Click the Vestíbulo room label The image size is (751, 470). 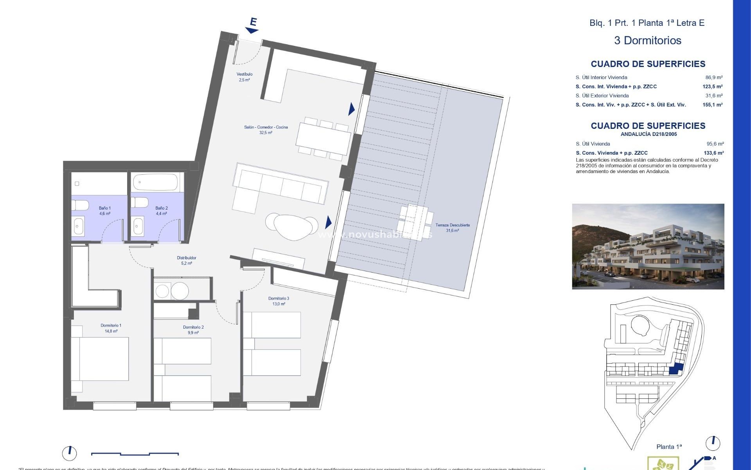(244, 77)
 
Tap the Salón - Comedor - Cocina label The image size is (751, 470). (266, 130)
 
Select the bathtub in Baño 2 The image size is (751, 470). (155, 183)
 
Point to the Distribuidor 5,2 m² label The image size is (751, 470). (187, 260)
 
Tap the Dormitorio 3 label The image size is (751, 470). (278, 301)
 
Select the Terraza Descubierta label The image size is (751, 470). (453, 228)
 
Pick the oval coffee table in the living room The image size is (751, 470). (295, 227)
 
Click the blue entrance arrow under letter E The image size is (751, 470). (252, 30)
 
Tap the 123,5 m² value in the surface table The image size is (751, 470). (712, 87)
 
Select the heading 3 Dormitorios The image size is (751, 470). (647, 40)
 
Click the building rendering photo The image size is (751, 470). (648, 246)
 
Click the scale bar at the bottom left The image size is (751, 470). (135, 454)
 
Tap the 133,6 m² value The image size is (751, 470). (713, 153)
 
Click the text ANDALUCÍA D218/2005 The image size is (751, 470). (649, 134)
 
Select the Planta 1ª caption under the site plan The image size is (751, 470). (669, 446)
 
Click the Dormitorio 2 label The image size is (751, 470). (193, 330)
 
